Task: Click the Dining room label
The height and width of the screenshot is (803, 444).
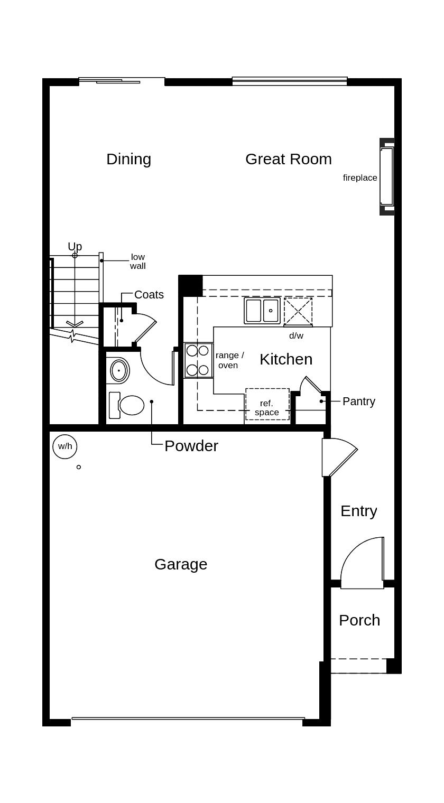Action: click(128, 159)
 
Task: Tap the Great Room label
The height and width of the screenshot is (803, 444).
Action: click(288, 159)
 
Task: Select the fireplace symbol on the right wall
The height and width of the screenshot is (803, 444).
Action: click(387, 176)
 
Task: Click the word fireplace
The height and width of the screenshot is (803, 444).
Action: click(360, 178)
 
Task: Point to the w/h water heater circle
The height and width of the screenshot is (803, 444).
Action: click(65, 446)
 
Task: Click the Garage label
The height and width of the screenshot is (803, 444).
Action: click(181, 564)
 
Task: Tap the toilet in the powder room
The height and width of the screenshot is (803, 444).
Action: click(127, 405)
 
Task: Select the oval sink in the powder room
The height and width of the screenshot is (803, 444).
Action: click(119, 370)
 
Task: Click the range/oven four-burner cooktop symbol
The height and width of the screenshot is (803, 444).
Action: click(198, 360)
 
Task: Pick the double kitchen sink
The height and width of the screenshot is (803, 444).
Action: click(262, 311)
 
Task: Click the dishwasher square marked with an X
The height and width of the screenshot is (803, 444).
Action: click(298, 312)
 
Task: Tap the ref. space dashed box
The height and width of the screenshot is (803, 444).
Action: click(267, 405)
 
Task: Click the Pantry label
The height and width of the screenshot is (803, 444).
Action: click(358, 401)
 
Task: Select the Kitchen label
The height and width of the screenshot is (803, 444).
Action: click(286, 359)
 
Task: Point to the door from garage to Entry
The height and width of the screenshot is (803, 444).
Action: click(338, 457)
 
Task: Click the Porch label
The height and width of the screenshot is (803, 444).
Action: click(359, 620)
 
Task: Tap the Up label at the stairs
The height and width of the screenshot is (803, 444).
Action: click(75, 247)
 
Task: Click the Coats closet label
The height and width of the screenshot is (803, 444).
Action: click(149, 295)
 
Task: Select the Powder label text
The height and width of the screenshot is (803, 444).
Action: click(191, 446)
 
